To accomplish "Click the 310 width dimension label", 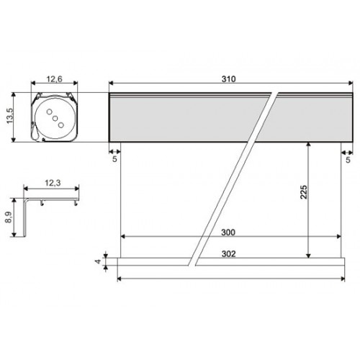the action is (x=228, y=79).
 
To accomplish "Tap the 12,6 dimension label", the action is (x=54, y=79).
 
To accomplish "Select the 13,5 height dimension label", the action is (x=9, y=116).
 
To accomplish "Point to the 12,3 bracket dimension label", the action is (x=53, y=183).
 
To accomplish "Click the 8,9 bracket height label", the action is (x=9, y=217).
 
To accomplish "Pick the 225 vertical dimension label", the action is (x=304, y=192).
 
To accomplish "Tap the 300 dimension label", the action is (x=228, y=233).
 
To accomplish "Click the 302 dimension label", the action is (x=228, y=253).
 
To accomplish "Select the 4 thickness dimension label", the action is (x=99, y=261).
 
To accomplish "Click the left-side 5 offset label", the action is (x=114, y=159).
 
